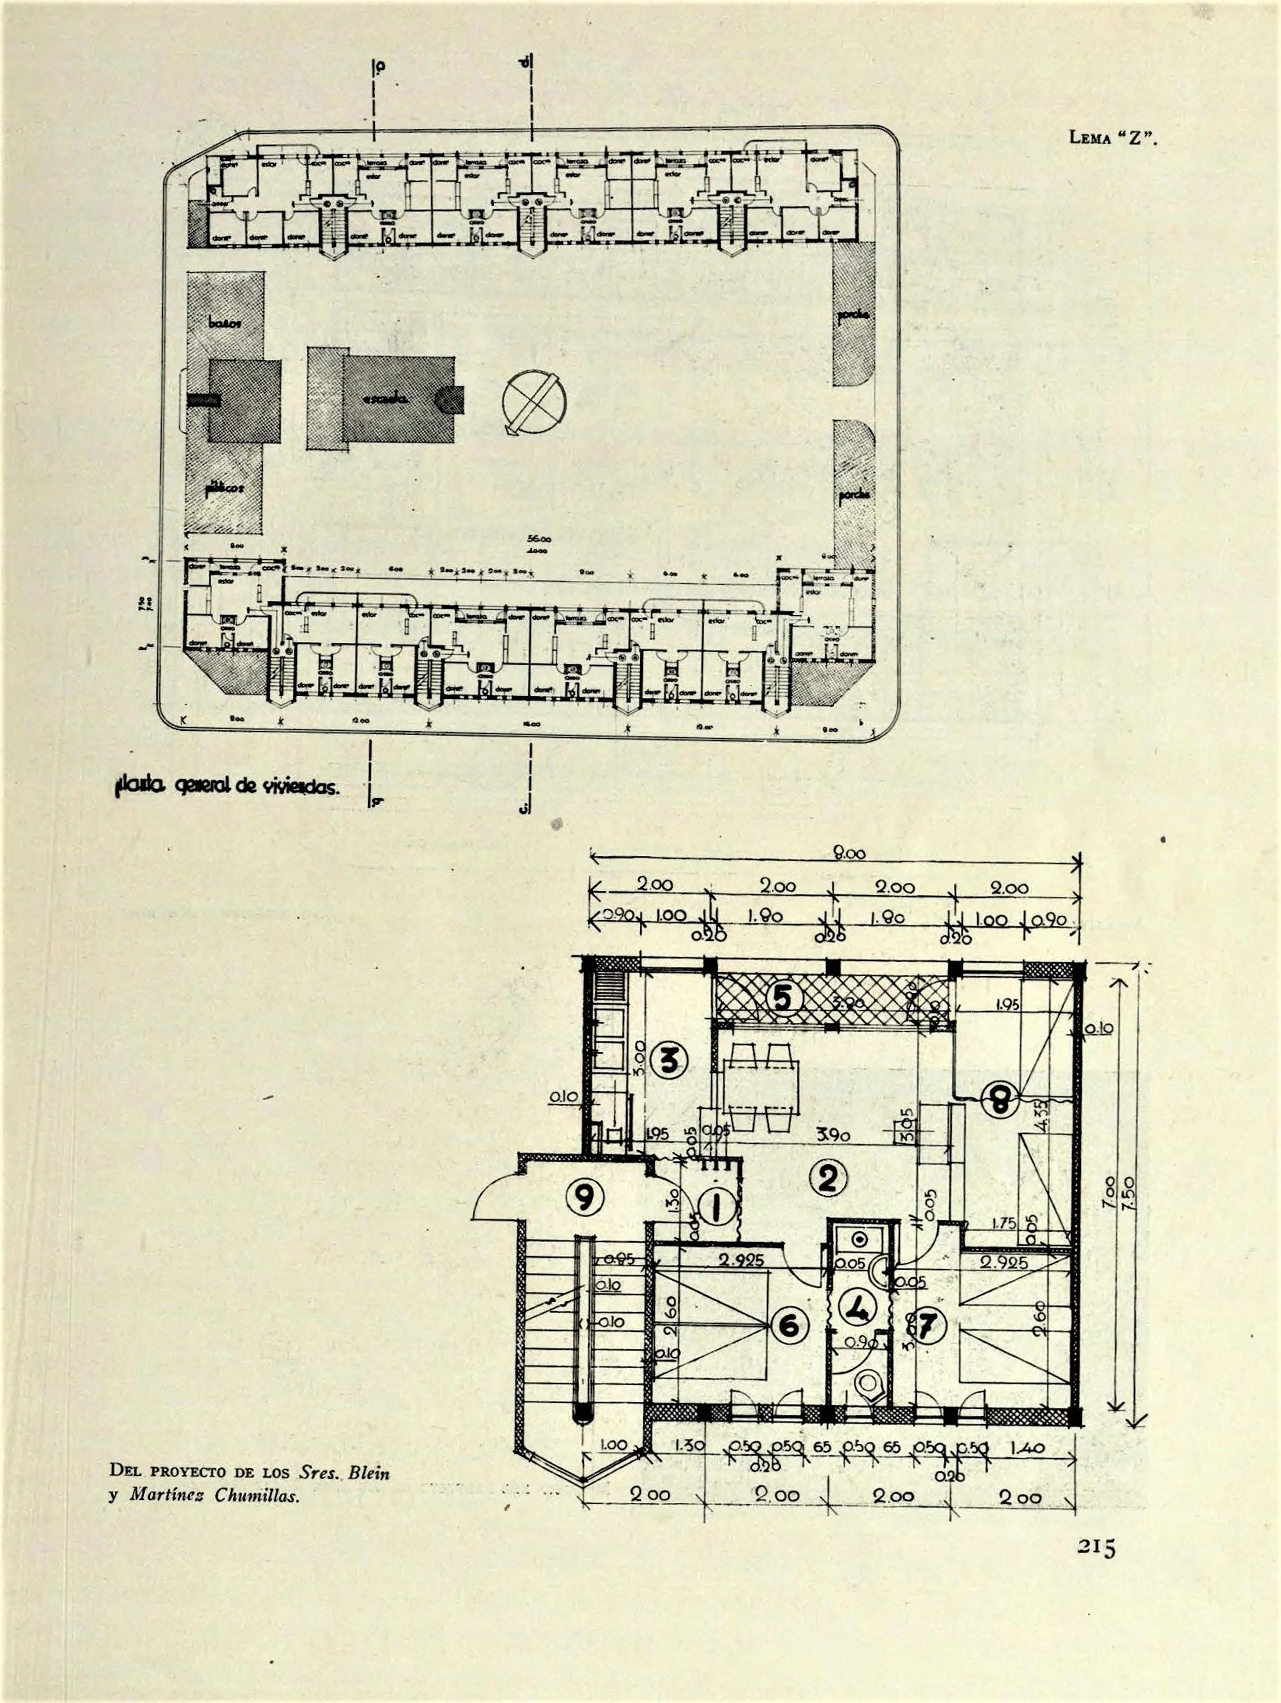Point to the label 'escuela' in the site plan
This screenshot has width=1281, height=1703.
385,399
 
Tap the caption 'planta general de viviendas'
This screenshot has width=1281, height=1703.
227,787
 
